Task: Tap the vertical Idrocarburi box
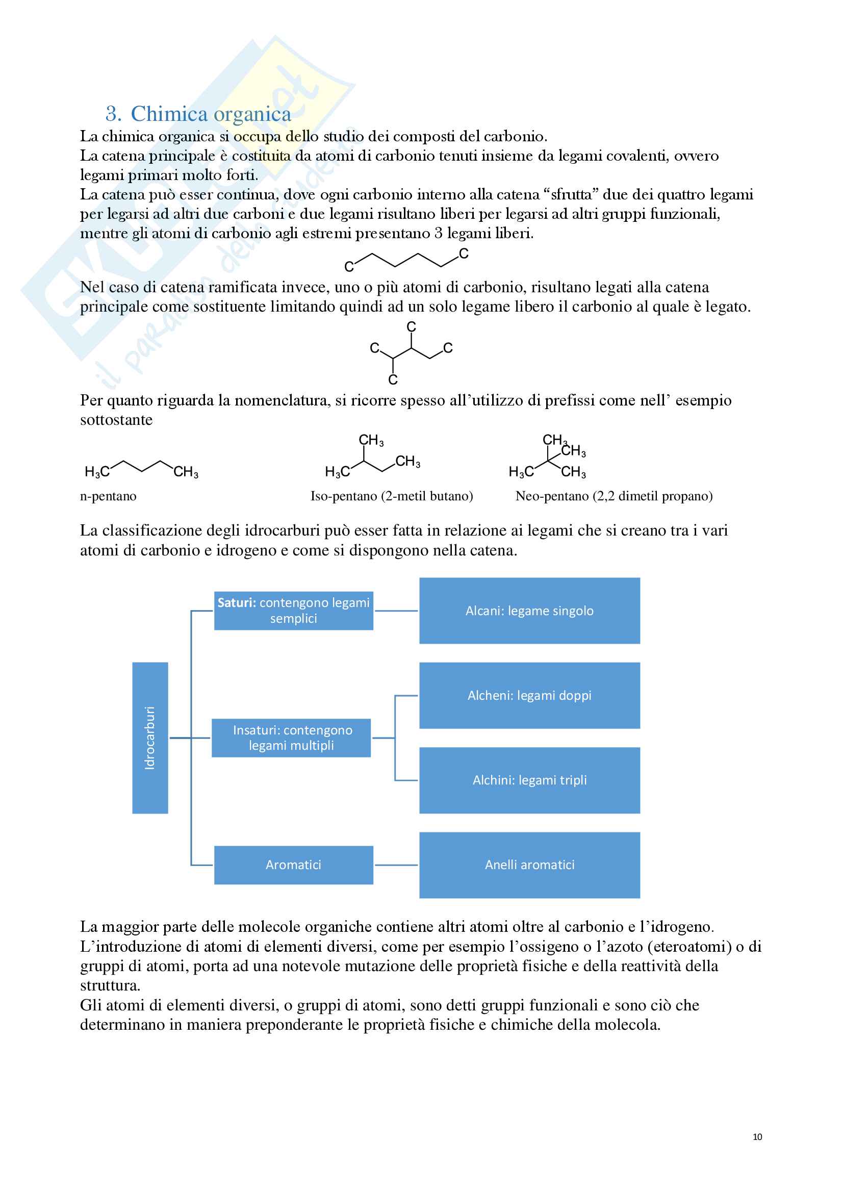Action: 150,738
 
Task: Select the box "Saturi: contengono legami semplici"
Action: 293,611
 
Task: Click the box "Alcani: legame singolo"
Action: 529,611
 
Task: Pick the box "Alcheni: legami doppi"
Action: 529,695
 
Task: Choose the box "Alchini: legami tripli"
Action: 529,780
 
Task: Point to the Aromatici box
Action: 293,865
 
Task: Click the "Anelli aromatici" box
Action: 529,865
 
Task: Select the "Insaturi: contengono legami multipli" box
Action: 291,738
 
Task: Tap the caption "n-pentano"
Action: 108,496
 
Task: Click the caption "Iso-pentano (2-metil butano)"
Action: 392,496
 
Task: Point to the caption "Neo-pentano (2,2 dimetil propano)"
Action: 614,496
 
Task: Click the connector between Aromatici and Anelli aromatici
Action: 396,865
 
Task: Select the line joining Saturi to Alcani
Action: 396,611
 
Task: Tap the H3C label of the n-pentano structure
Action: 97,472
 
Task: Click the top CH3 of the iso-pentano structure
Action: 371,441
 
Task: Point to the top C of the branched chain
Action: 412,326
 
